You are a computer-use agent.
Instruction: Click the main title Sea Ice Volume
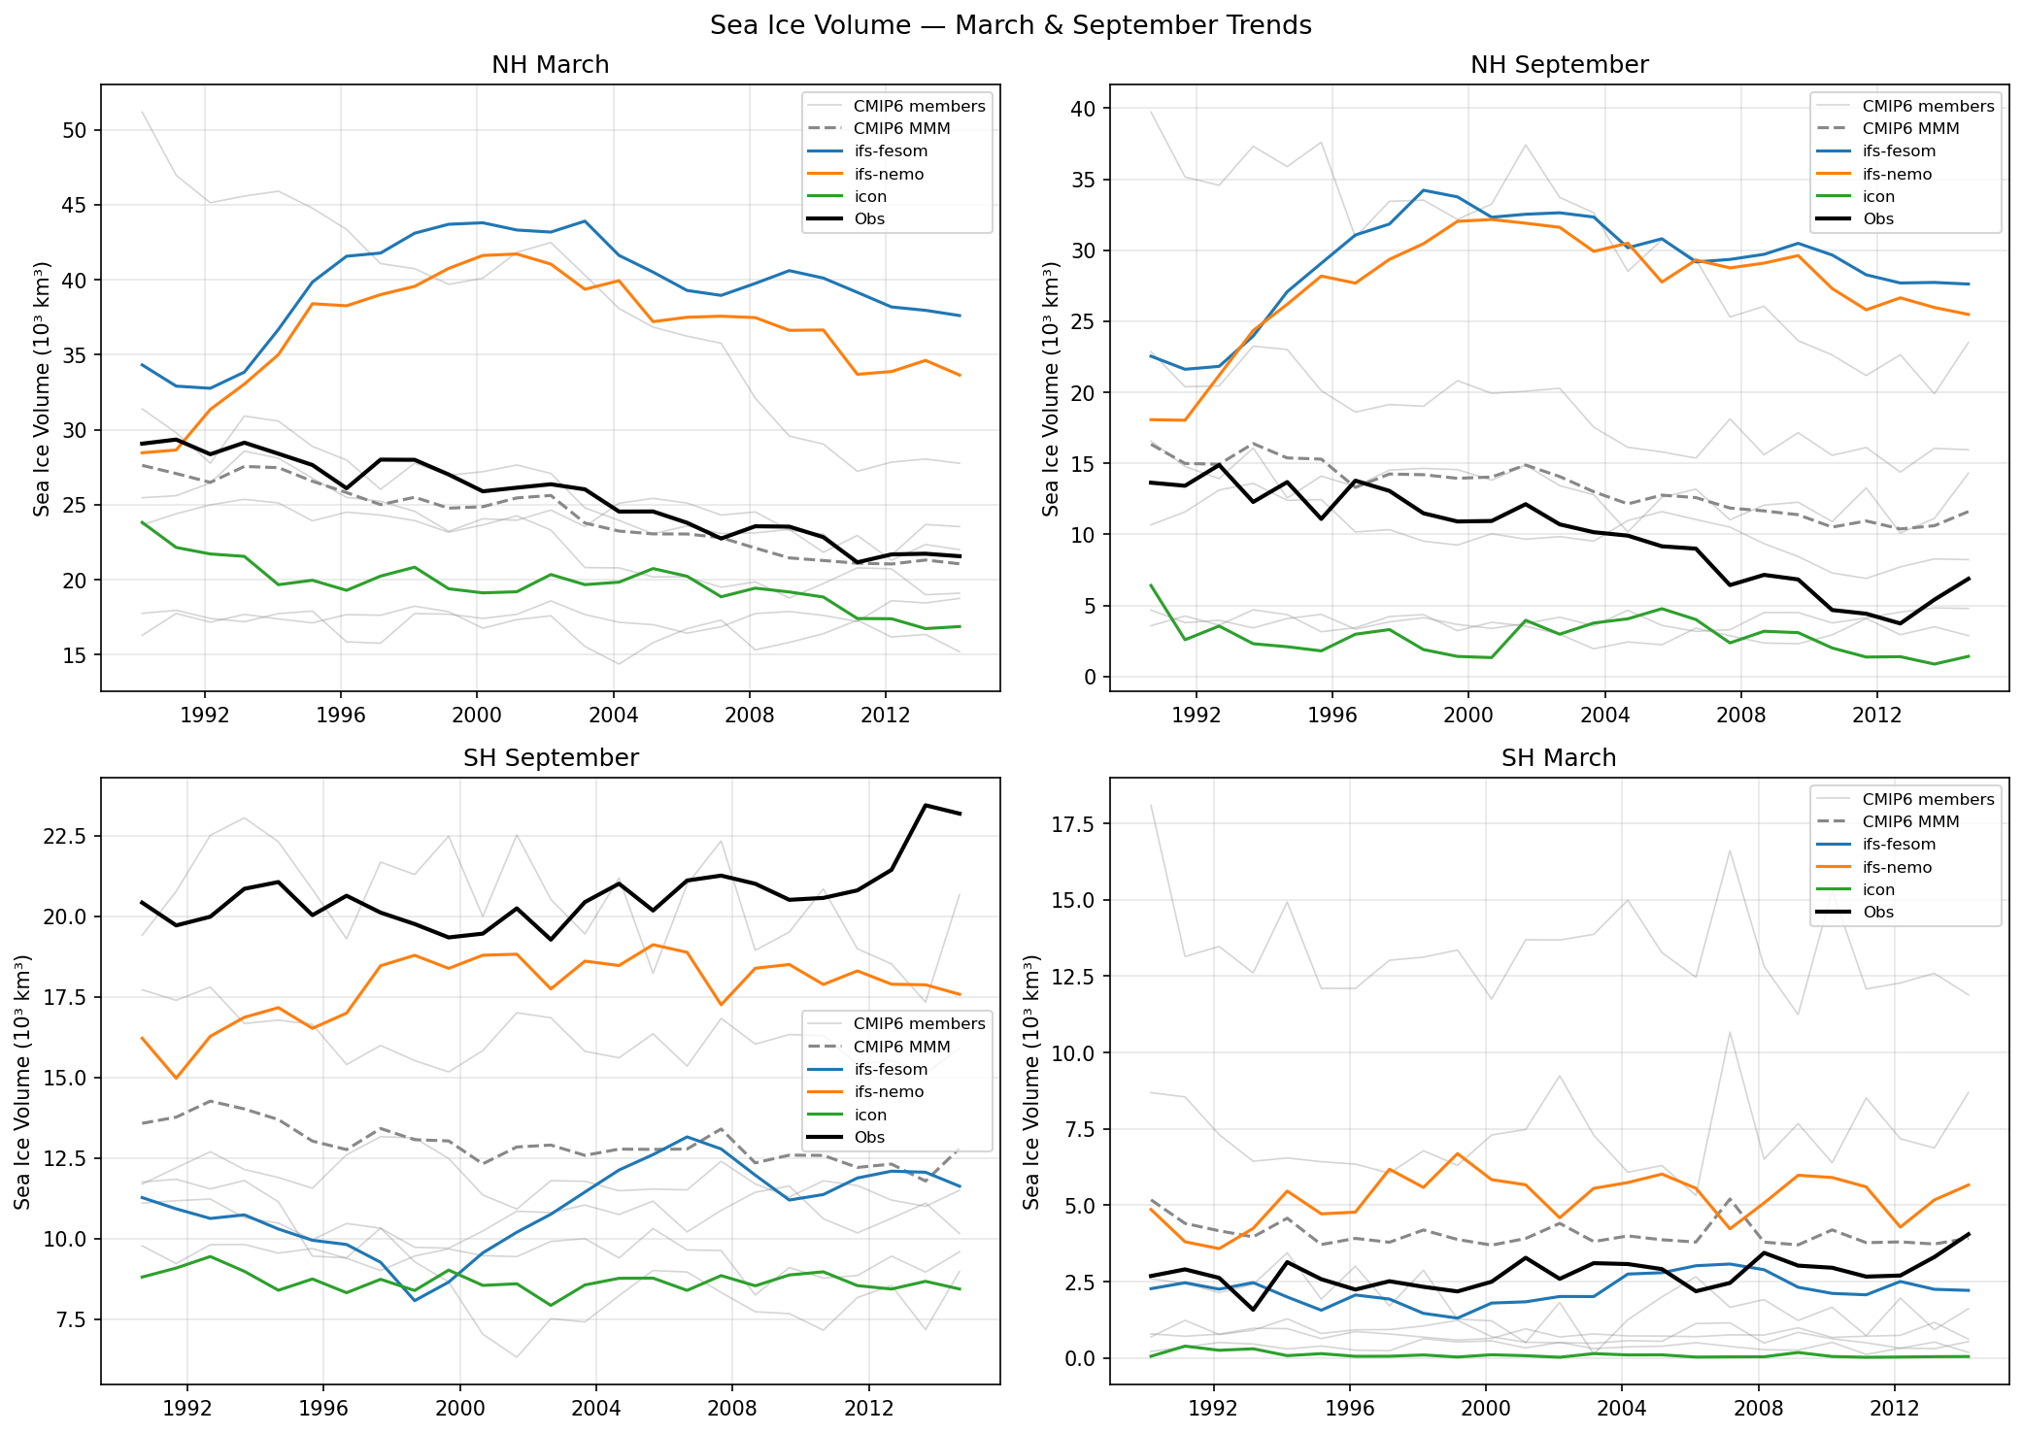click(1010, 25)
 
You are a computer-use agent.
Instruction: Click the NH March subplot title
click(550, 65)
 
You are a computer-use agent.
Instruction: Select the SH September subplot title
click(550, 758)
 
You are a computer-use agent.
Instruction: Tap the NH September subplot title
click(1559, 65)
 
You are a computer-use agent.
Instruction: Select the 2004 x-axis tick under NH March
click(613, 716)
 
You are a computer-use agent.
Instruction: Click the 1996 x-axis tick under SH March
click(1349, 1408)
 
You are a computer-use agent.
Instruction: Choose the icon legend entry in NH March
click(869, 197)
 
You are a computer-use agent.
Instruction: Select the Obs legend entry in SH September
click(869, 1138)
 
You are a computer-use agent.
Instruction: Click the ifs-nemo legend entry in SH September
click(888, 1092)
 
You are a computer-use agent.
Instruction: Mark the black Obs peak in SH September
click(926, 805)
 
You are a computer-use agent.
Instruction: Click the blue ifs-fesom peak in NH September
click(1423, 190)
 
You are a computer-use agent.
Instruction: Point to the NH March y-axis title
click(42, 388)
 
